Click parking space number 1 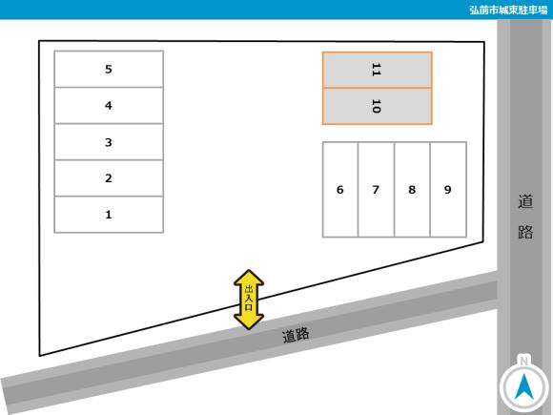pos(109,215)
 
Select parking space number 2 pos(109,178)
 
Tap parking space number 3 pos(109,142)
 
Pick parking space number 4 pos(109,106)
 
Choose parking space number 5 pos(109,69)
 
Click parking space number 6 pos(340,190)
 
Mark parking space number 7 pos(377,190)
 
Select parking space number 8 pos(412,190)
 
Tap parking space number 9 pos(448,190)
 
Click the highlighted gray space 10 pos(378,106)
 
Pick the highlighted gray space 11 pos(378,70)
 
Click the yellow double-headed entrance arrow pos(249,300)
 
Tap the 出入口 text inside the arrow pos(249,298)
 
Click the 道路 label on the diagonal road pos(296,335)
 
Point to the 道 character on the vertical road pos(525,201)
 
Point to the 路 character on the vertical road pos(525,232)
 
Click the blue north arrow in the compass pos(524,386)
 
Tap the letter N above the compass pos(524,361)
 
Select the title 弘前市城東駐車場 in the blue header pos(508,10)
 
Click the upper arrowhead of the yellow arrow pos(249,278)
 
